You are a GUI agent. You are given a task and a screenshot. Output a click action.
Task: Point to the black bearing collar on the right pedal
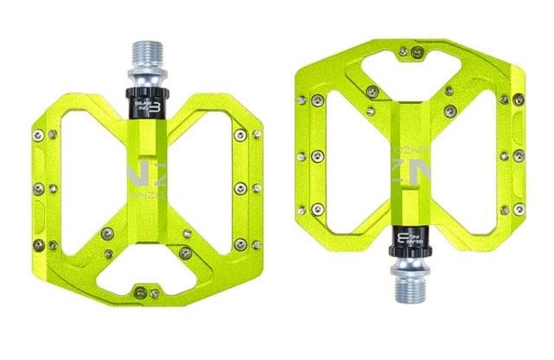(x=409, y=247)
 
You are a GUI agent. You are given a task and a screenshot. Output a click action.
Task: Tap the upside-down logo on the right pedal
(x=409, y=170)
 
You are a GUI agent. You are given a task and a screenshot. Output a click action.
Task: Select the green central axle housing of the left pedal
(x=145, y=216)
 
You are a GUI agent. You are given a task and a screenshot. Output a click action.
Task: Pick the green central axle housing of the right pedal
(x=409, y=130)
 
